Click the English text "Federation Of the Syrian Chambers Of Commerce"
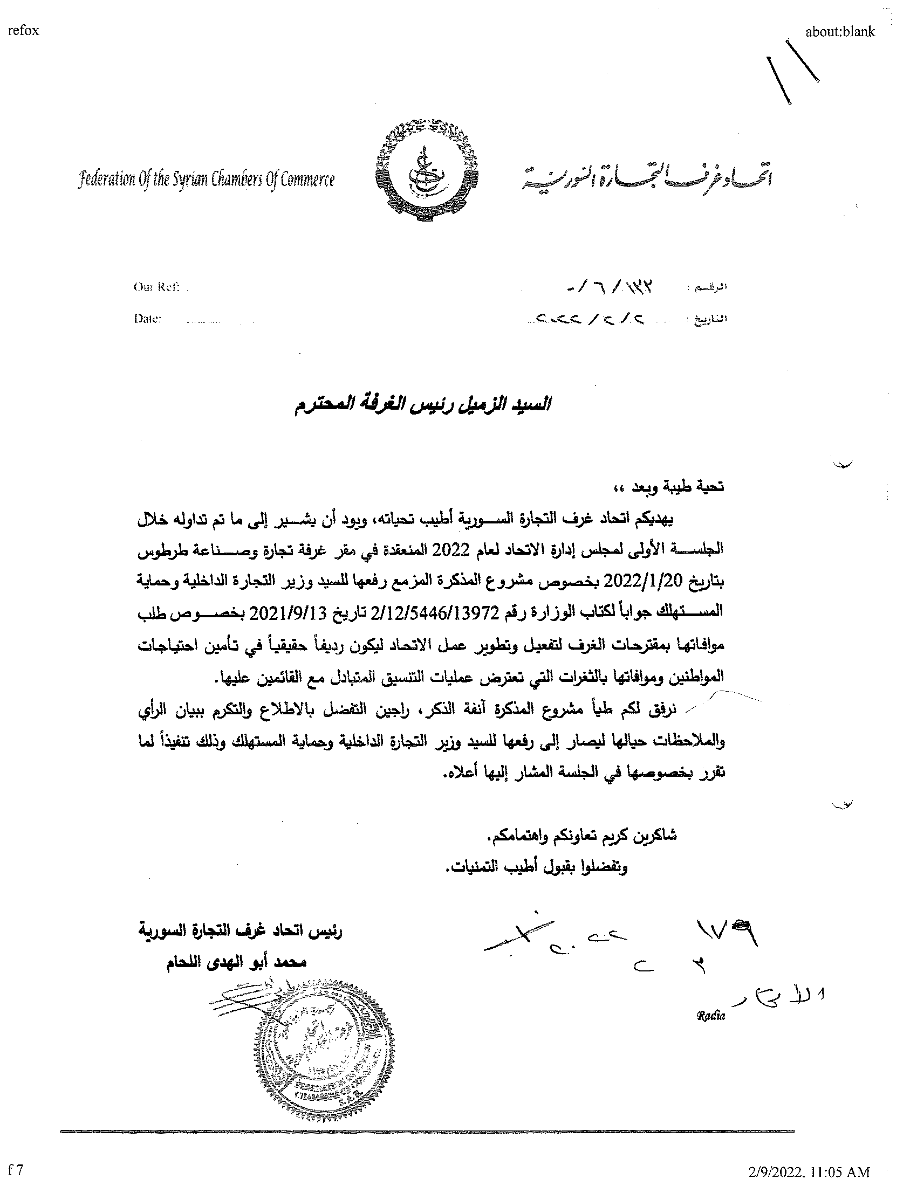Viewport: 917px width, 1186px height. (x=207, y=180)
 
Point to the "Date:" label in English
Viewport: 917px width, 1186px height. (x=148, y=319)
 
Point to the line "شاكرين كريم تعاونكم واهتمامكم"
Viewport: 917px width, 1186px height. (x=581, y=836)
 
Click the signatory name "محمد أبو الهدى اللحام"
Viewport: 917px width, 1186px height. (x=236, y=962)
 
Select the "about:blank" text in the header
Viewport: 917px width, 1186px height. (x=840, y=32)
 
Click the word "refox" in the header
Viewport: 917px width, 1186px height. (x=23, y=31)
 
